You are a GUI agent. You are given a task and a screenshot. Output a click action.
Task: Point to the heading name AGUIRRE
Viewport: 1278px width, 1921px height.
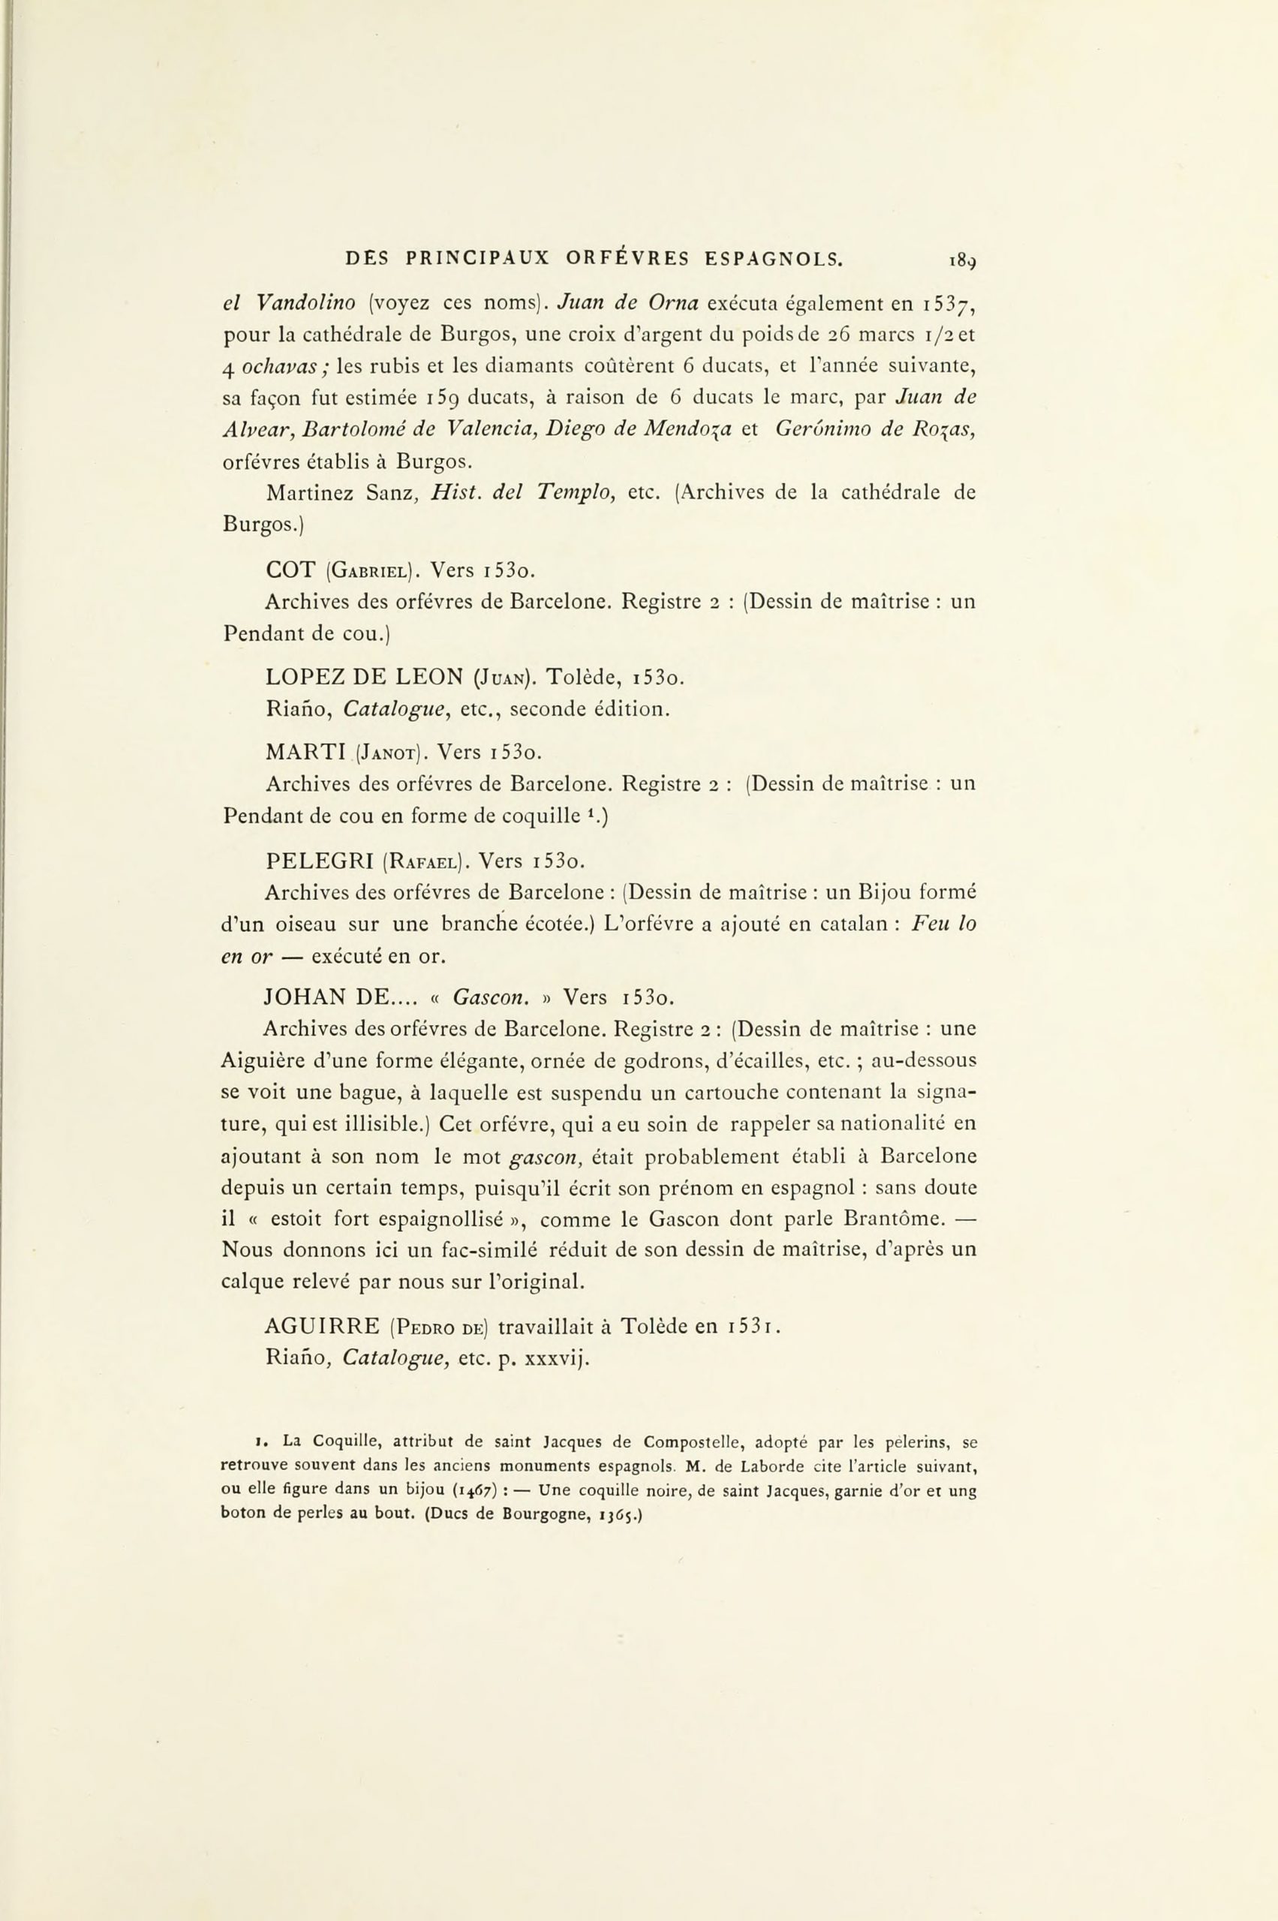click(322, 1327)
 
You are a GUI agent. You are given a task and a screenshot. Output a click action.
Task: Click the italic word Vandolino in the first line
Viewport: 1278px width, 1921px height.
click(305, 304)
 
